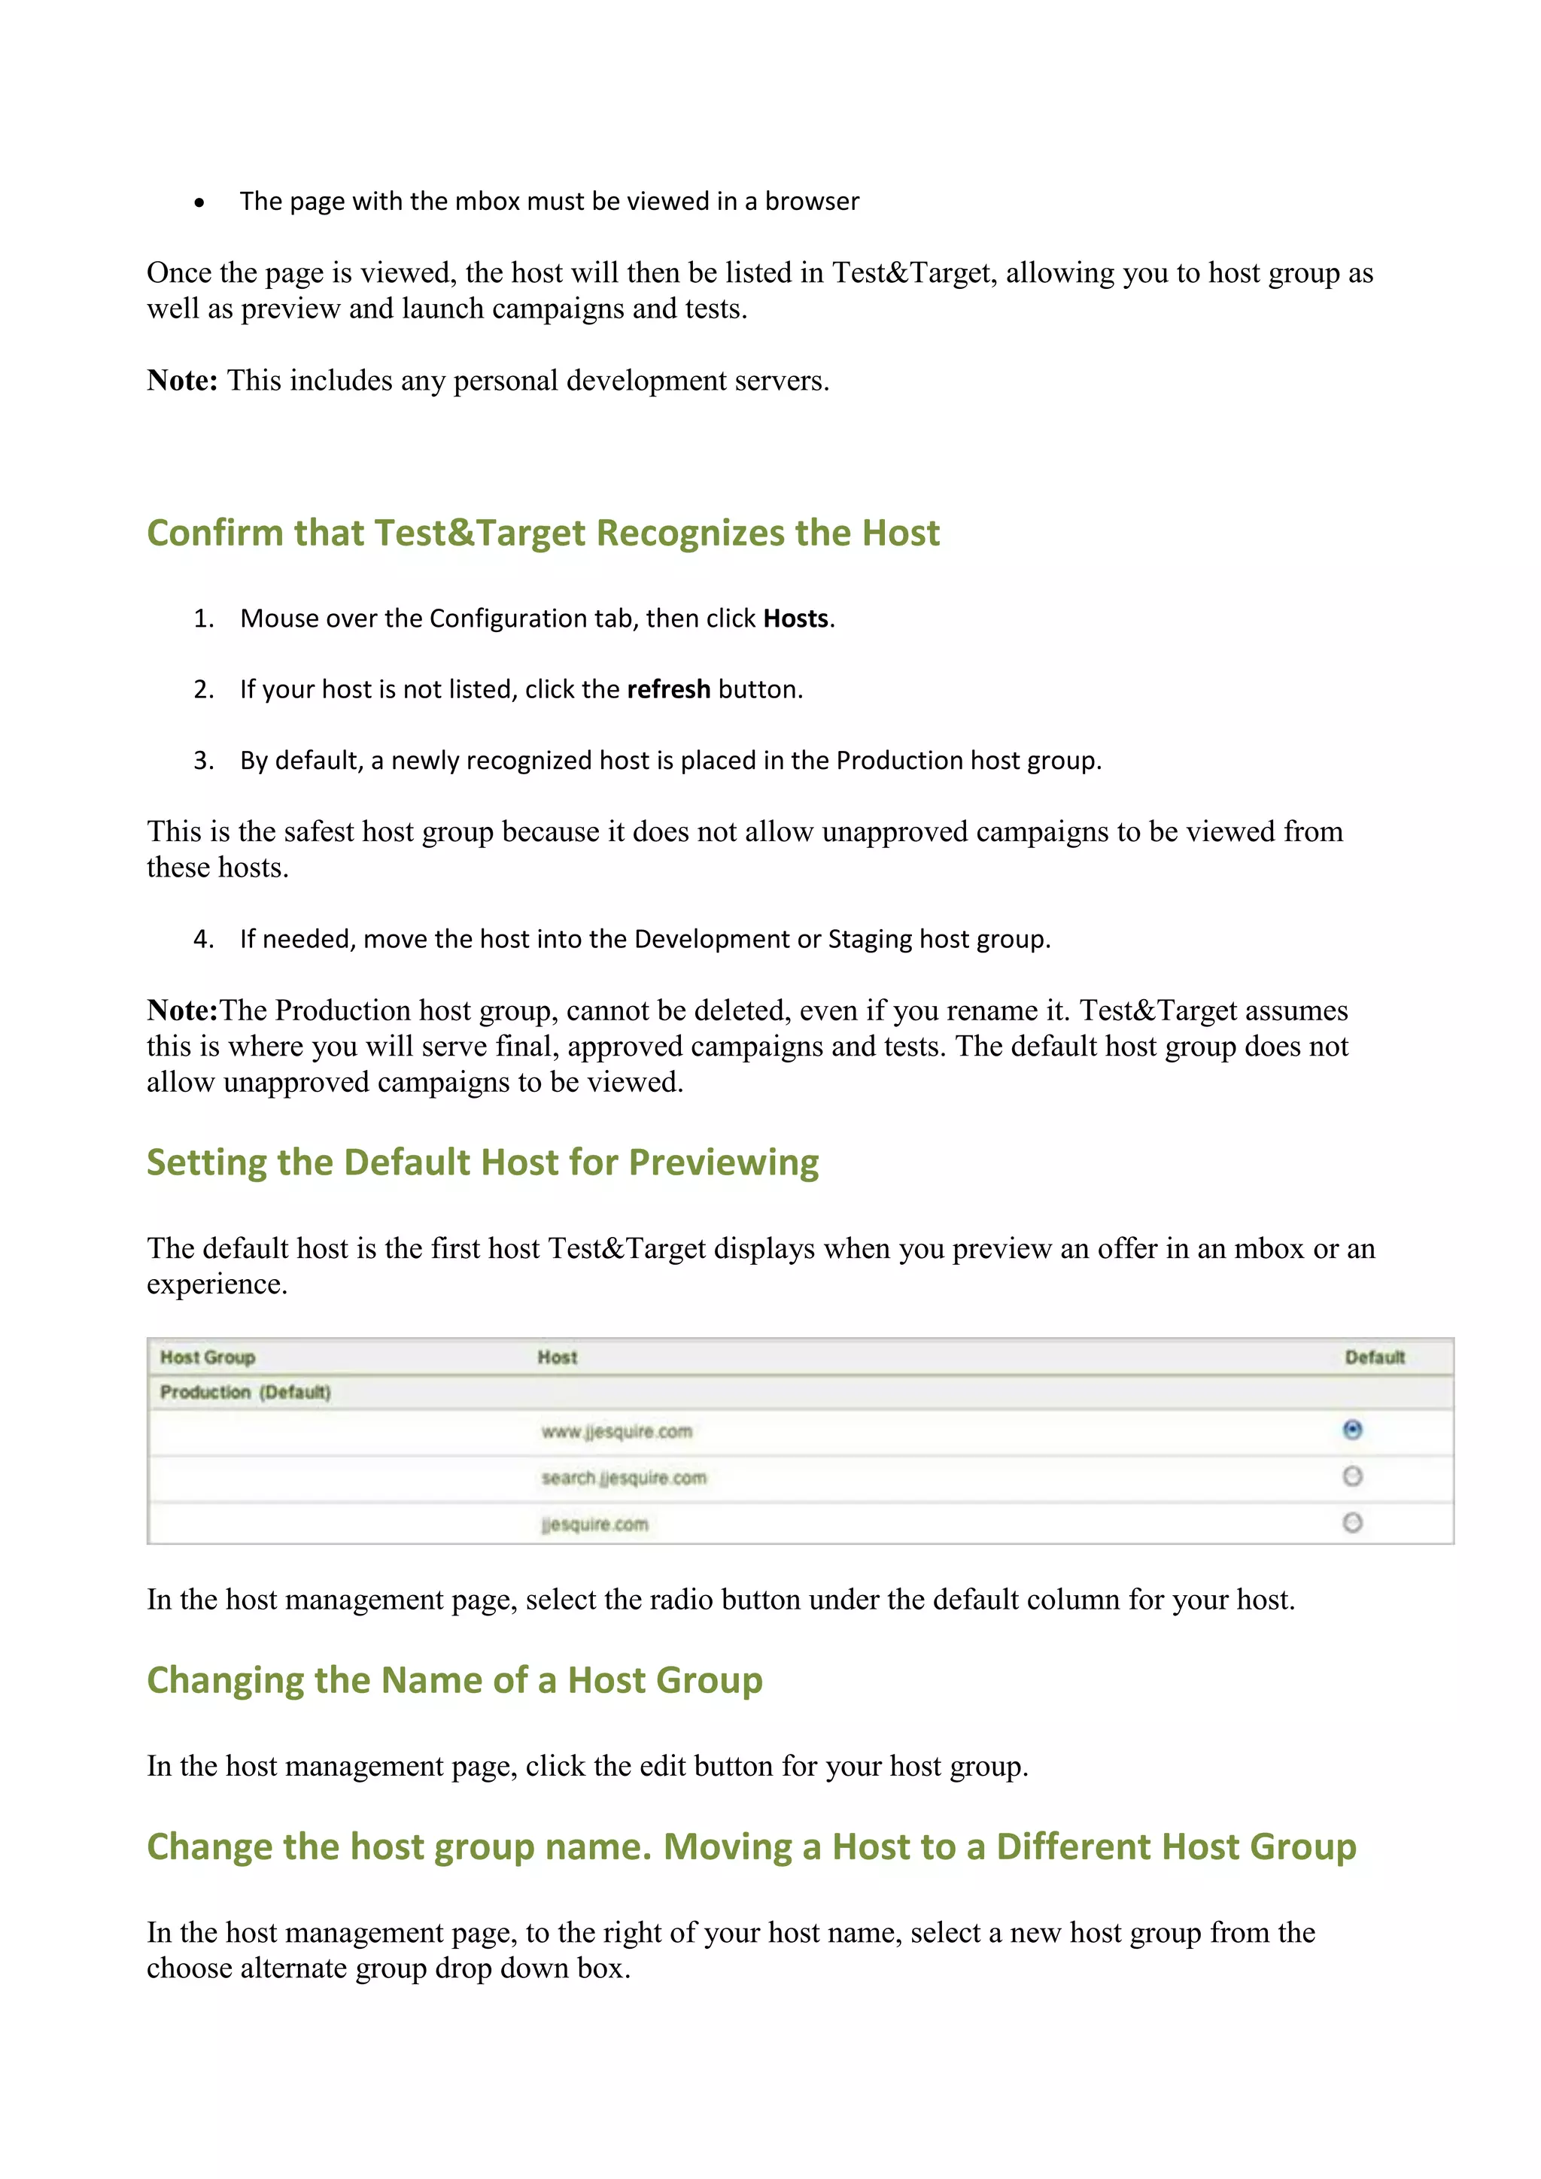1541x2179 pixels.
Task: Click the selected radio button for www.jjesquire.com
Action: pyautogui.click(x=1352, y=1430)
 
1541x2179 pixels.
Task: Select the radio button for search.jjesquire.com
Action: pyautogui.click(x=1352, y=1475)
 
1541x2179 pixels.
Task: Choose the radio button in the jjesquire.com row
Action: pyautogui.click(x=1352, y=1522)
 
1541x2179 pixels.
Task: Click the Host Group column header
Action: pyautogui.click(x=207, y=1357)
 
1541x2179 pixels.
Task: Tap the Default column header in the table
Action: pyautogui.click(x=1374, y=1357)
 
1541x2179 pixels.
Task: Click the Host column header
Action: pyautogui.click(x=557, y=1357)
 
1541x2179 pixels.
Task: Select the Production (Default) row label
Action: pyautogui.click(x=245, y=1392)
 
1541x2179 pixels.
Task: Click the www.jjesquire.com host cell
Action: pyautogui.click(x=617, y=1431)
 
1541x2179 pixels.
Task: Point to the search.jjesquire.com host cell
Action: pyautogui.click(x=624, y=1478)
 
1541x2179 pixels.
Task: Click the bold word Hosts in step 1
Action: pyautogui.click(x=796, y=618)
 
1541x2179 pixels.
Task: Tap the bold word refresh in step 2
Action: pyautogui.click(x=668, y=689)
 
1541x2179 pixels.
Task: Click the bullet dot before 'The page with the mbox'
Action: pyautogui.click(x=199, y=203)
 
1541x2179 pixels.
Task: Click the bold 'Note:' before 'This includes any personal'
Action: pyautogui.click(x=182, y=381)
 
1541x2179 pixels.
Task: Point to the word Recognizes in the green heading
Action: pyautogui.click(x=690, y=533)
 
